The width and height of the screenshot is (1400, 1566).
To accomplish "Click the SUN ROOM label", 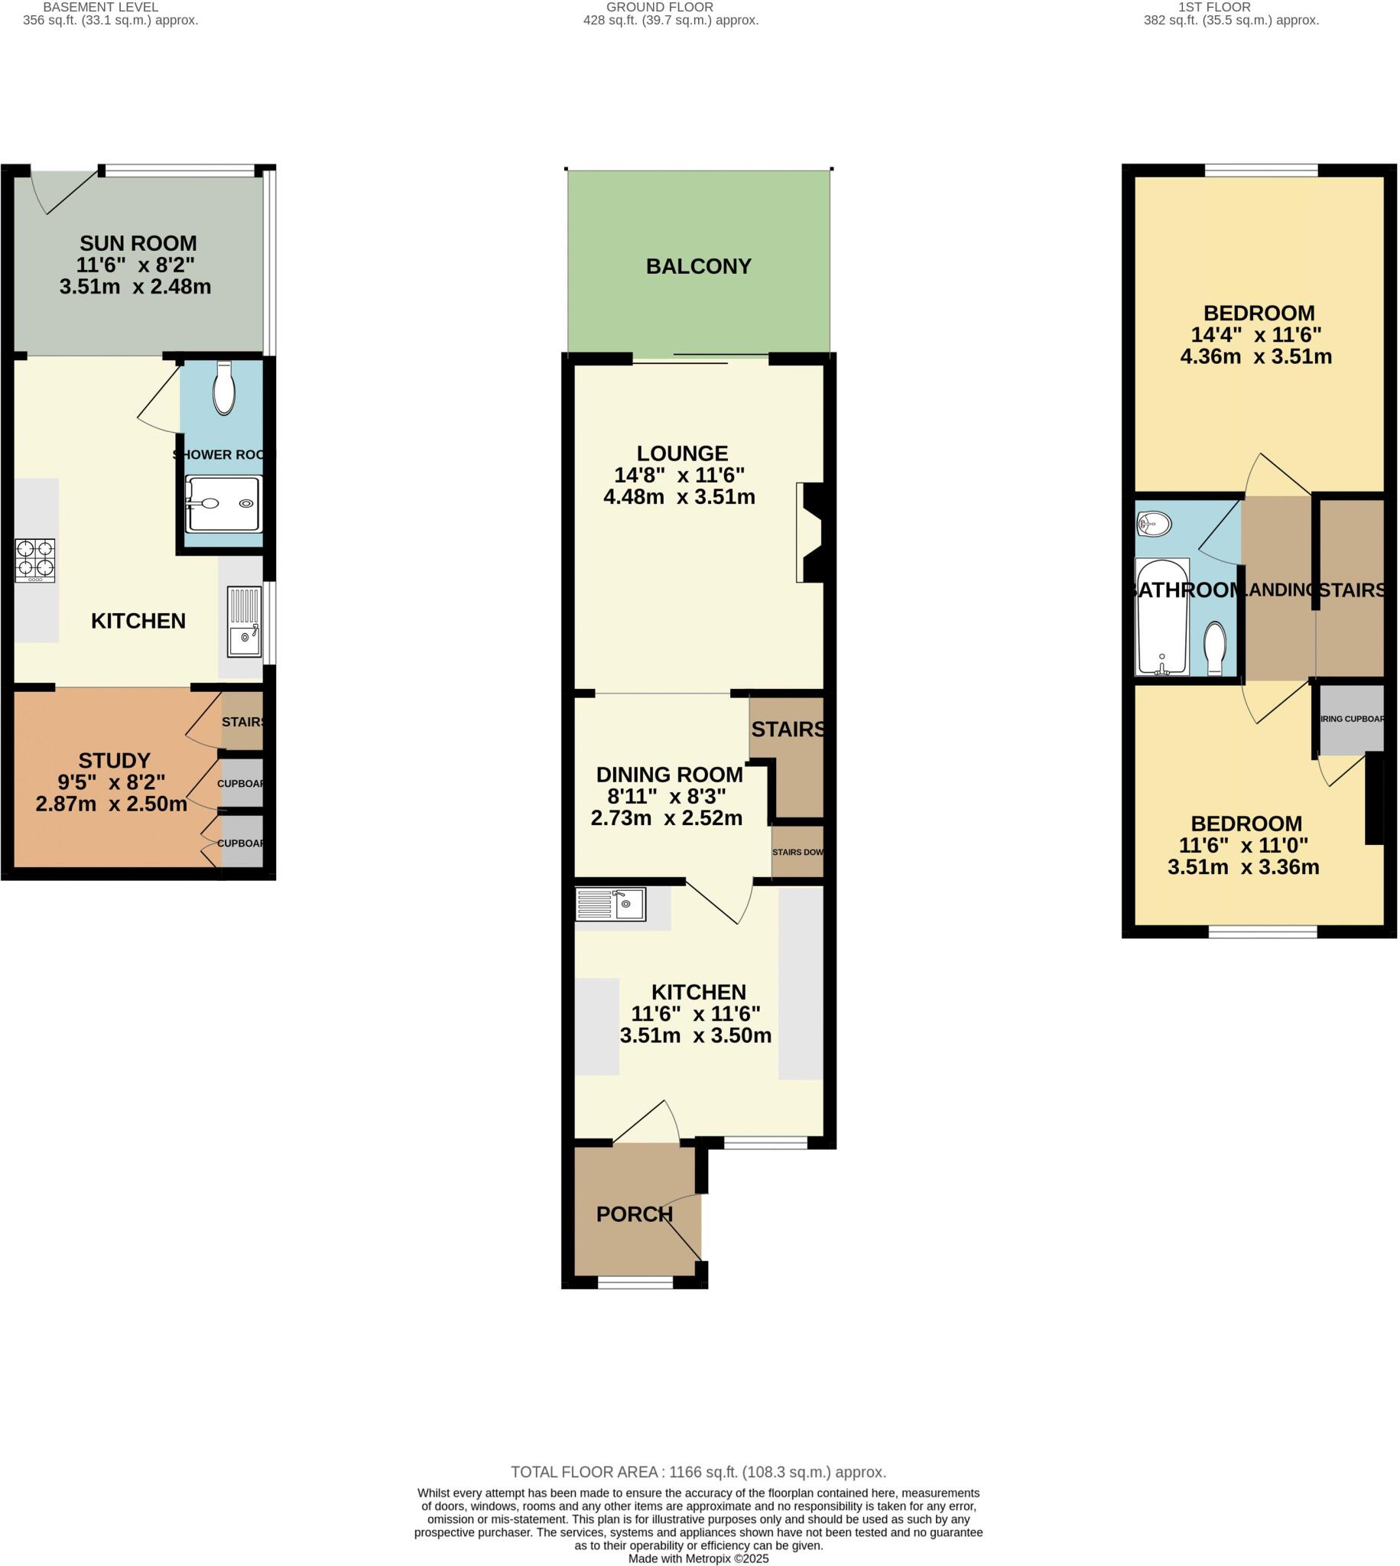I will tap(138, 243).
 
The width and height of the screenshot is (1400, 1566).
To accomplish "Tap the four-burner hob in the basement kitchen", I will tap(35, 559).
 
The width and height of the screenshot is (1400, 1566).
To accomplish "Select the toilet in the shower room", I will tap(224, 389).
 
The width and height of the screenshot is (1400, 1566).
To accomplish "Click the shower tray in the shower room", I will tap(224, 504).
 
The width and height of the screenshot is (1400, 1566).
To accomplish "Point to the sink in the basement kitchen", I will tap(245, 622).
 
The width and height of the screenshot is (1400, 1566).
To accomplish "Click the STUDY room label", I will tap(114, 761).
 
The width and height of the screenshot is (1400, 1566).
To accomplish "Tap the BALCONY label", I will tap(697, 266).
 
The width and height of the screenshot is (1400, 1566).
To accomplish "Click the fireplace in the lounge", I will tap(811, 532).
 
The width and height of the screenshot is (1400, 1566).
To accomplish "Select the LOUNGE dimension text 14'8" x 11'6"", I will tap(679, 476).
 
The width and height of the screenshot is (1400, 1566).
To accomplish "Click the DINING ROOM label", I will tap(669, 775).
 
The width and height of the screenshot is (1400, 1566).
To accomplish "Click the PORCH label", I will tap(634, 1213).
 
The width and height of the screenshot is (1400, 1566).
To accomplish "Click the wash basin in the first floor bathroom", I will tap(1154, 525).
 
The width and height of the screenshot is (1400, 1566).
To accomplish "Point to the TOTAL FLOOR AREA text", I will tap(698, 1472).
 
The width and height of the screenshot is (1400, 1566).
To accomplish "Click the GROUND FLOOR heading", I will tap(659, 7).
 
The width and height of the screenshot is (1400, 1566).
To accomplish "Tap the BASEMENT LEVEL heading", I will tap(100, 7).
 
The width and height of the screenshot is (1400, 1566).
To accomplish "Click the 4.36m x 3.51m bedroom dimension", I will tap(1255, 356).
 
